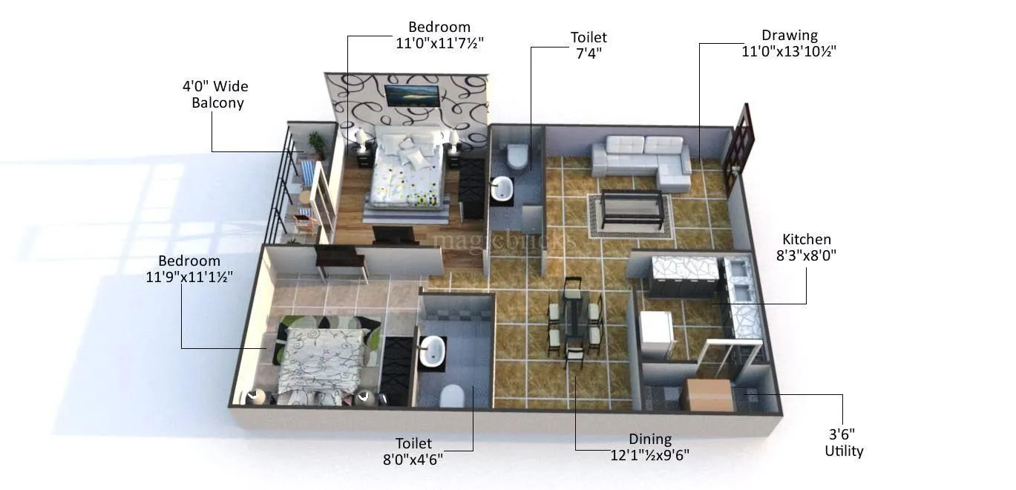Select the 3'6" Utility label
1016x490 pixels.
[x=844, y=442]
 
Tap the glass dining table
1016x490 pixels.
[x=574, y=316]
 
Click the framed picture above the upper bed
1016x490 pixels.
[x=410, y=95]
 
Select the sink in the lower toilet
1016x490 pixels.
[x=431, y=351]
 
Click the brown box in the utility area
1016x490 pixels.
[x=706, y=394]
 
